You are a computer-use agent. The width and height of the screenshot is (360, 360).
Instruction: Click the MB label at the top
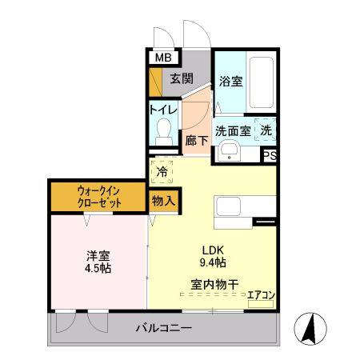162,58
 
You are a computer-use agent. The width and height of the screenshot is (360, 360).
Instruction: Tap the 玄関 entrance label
182,78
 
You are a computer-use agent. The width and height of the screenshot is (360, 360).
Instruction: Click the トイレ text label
162,110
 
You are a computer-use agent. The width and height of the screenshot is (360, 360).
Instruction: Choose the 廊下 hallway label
196,139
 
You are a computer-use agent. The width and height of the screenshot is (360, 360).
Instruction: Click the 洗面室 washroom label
232,130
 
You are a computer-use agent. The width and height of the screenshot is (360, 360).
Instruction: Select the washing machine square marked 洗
266,130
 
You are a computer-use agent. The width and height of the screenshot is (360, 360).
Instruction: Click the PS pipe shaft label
270,156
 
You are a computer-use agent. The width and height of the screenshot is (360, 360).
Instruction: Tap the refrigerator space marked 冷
162,171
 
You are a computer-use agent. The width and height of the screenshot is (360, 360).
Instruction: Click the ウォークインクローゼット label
100,197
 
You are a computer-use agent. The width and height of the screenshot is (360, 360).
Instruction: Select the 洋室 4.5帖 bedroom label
98,262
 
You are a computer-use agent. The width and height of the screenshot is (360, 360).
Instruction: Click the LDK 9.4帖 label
212,255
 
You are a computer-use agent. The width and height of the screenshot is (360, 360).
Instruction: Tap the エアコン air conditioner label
261,294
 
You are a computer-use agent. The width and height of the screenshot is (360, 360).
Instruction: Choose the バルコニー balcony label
163,328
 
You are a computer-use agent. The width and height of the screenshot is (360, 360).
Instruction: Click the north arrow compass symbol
309,327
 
